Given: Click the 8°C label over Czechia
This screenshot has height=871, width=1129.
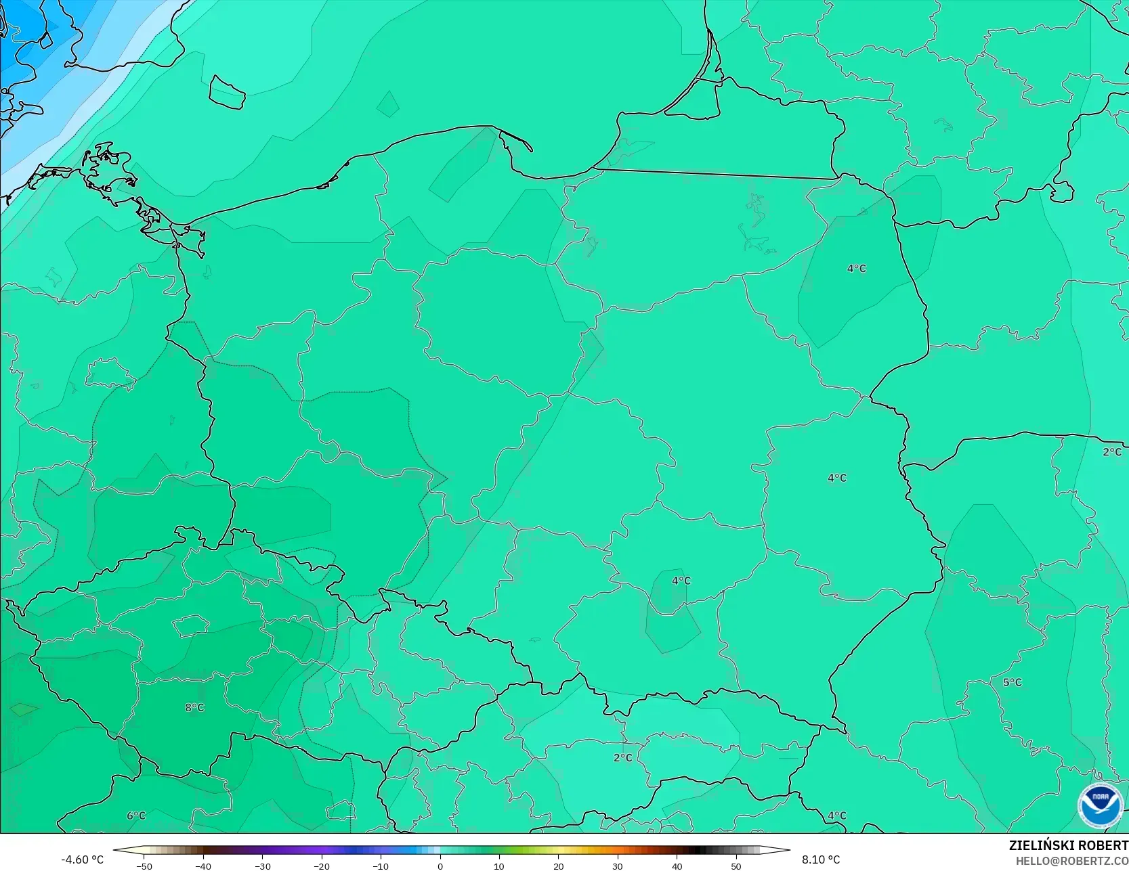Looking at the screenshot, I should coord(194,708).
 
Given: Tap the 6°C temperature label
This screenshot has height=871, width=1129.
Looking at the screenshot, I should coord(136,816).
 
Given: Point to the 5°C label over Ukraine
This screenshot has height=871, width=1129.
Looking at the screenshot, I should coord(1012,682).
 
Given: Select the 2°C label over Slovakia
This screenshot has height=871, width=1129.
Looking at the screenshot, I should coord(622,758).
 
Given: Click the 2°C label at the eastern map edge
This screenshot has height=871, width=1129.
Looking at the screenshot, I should coord(1111,452).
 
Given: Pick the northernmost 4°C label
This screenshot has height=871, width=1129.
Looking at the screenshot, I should coord(856,269).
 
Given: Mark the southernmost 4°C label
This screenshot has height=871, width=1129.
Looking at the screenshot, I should coord(836,816).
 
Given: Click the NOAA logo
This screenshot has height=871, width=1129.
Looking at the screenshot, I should coord(1100,805).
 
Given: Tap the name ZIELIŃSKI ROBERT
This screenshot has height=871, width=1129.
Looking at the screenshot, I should coord(1068,845).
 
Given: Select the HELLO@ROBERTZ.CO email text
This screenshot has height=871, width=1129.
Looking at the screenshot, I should coord(1071,860).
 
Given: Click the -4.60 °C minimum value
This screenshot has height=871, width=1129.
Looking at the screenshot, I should coord(82,859).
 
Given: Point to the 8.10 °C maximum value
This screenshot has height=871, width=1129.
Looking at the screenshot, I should coord(821,859).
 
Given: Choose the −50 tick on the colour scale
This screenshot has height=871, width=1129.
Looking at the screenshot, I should coord(144,866).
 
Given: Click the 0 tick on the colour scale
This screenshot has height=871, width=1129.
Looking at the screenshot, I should coord(440,866).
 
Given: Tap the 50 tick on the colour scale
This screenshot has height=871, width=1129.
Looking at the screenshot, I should coord(736,866).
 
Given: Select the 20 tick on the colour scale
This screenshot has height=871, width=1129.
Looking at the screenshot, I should coord(559,866).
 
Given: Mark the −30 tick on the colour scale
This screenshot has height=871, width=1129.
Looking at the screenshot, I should coord(262,866).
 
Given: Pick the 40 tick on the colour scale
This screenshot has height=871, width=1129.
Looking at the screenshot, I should coord(677,866).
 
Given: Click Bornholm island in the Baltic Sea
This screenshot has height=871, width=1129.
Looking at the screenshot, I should coord(226,92).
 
